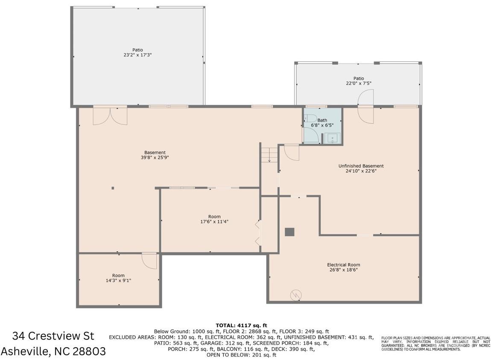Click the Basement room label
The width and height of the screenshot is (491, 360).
(x=155, y=153)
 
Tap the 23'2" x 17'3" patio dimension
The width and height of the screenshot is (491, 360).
(x=137, y=55)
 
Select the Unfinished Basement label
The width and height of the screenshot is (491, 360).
(x=361, y=166)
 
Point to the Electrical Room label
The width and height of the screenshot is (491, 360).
(x=344, y=264)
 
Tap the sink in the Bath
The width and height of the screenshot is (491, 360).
(x=332, y=138)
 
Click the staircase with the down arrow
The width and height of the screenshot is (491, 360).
(x=269, y=155)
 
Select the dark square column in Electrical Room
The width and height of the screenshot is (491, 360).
(x=289, y=232)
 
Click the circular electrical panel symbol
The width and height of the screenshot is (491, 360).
(x=295, y=295)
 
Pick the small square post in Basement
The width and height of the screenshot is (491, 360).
(x=113, y=188)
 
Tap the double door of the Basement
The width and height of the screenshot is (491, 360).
(x=110, y=116)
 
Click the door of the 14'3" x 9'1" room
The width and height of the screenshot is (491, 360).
(x=149, y=261)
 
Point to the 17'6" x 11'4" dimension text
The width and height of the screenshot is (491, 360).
(x=214, y=222)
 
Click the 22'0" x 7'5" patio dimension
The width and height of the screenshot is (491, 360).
(x=359, y=84)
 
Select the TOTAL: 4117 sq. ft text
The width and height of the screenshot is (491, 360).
(x=241, y=325)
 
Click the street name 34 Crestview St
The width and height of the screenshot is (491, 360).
(x=53, y=336)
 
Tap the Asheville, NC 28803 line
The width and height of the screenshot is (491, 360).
(x=53, y=351)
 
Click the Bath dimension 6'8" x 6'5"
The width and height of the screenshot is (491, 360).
(x=322, y=125)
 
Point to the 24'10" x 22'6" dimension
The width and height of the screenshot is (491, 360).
(x=361, y=171)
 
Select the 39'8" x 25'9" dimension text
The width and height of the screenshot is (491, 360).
(x=155, y=158)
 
